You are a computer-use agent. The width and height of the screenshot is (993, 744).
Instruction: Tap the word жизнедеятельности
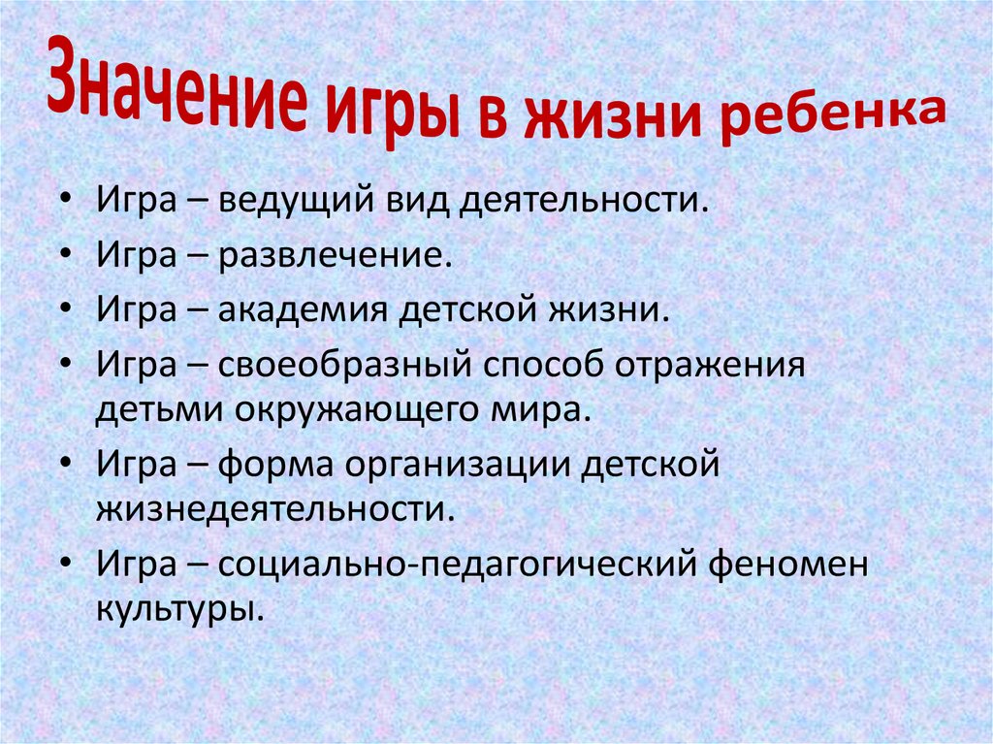(274, 508)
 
